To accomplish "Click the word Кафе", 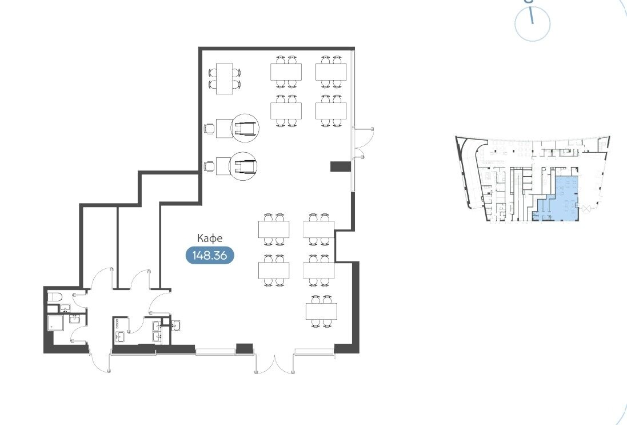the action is coord(210,239).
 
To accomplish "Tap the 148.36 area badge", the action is coord(210,255).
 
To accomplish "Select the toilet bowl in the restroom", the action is coord(55,297).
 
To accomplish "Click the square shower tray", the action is coord(55,323).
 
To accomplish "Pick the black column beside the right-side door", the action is coord(341,166).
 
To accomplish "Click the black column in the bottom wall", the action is coord(244,348).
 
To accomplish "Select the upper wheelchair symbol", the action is coord(245,128).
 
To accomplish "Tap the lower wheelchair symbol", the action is coord(243,166).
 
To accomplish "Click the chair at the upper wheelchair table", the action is coord(210,129).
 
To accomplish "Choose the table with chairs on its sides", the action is coord(224,79).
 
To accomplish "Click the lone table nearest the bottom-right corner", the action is coord(321,311).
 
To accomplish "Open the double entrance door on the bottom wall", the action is coord(275,362).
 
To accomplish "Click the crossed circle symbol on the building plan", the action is coord(588,209).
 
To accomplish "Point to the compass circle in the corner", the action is coord(532,23).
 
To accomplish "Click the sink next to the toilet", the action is coord(65,308).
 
